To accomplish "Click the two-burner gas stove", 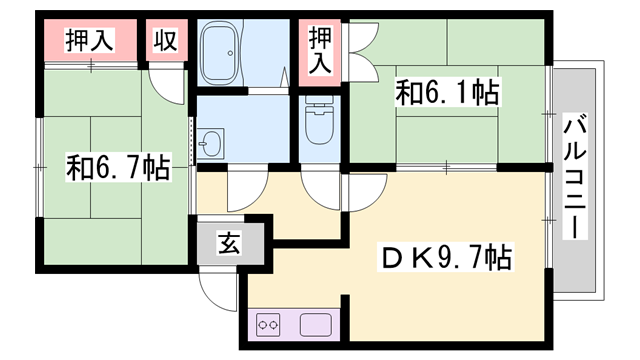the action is (269, 324).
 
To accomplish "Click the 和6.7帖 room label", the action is (117, 167).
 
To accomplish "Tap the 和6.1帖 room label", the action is (447, 93).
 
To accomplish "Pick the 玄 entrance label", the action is (228, 243).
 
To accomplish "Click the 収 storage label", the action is (165, 41).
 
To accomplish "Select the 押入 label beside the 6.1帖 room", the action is (320, 49).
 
